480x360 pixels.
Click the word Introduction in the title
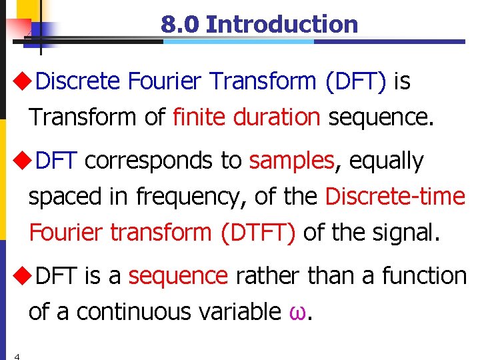coord(282,25)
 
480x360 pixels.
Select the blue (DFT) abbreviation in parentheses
coord(355,82)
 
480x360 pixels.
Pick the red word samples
coord(291,161)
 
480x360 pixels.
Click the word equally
coord(386,161)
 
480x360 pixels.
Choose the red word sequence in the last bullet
coord(178,275)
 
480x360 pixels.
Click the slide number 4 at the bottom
coord(17,356)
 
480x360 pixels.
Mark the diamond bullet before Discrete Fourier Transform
coord(21,82)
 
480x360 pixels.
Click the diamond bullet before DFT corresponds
coord(21,161)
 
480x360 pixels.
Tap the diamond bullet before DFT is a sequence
coord(21,275)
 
